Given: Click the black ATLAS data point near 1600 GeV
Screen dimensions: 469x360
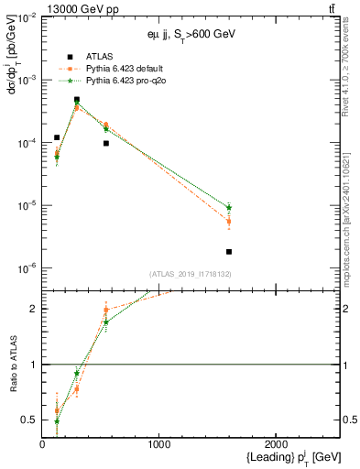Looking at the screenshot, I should [229, 251].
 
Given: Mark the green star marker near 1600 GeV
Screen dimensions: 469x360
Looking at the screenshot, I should [229, 208].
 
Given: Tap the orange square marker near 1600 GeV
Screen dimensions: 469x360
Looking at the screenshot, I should [229, 221].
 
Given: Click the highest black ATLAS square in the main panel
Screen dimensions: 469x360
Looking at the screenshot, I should [77, 100].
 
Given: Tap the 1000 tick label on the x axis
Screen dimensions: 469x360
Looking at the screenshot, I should [159, 445].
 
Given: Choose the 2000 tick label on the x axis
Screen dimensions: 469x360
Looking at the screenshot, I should [276, 445].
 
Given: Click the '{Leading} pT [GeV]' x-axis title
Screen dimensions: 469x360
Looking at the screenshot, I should [282, 456].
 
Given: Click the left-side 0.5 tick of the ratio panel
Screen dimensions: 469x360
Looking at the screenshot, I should [33, 420].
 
